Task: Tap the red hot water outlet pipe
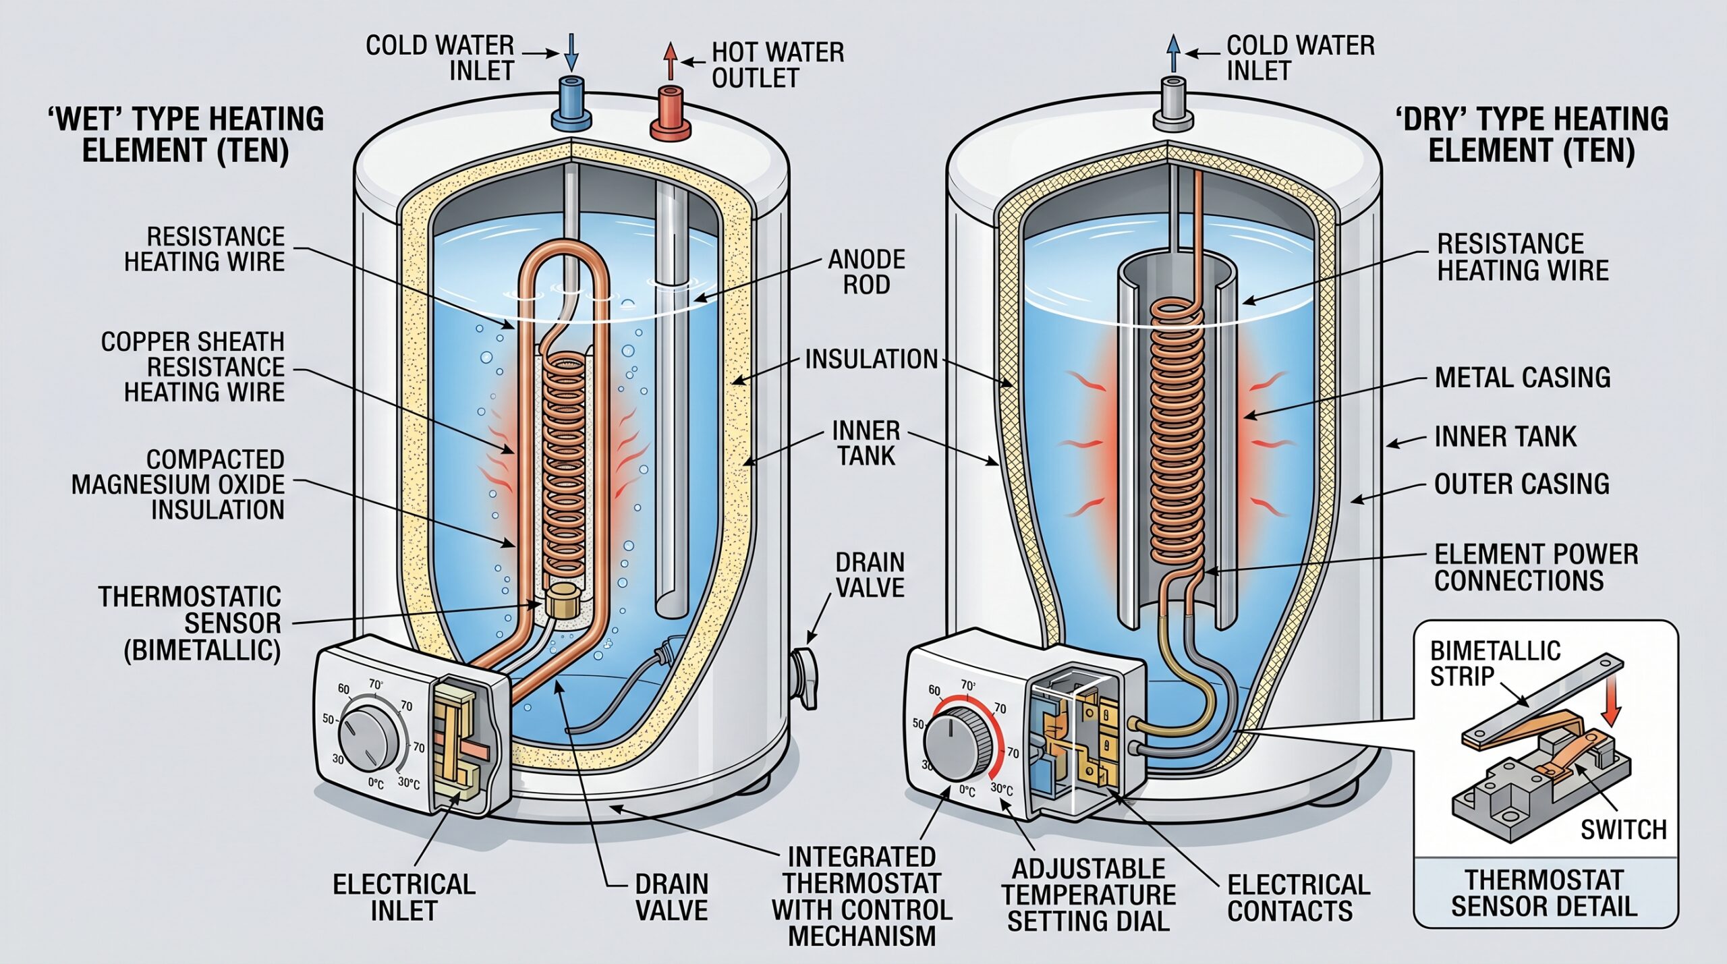pos(670,111)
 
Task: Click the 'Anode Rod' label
pos(867,272)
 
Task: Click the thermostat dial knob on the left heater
pos(368,740)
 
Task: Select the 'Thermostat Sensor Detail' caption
pos(1544,893)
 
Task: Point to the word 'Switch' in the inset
pos(1624,829)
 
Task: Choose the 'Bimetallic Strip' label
pos(1495,662)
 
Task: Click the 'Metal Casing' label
pos(1523,377)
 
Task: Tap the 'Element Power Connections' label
pos(1536,567)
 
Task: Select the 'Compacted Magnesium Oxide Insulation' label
pos(178,484)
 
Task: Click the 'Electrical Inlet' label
pos(404,897)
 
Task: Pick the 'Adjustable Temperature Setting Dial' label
pos(1088,895)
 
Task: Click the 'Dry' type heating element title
pos(1531,134)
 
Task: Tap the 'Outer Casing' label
pos(1521,484)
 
